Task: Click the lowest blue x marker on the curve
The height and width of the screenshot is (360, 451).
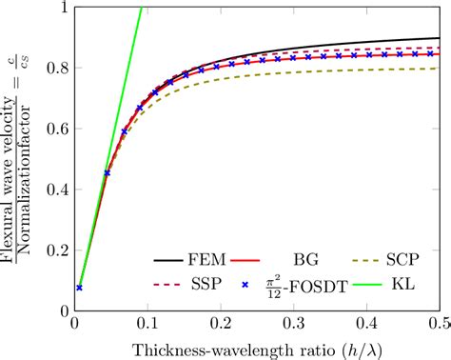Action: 79,287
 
